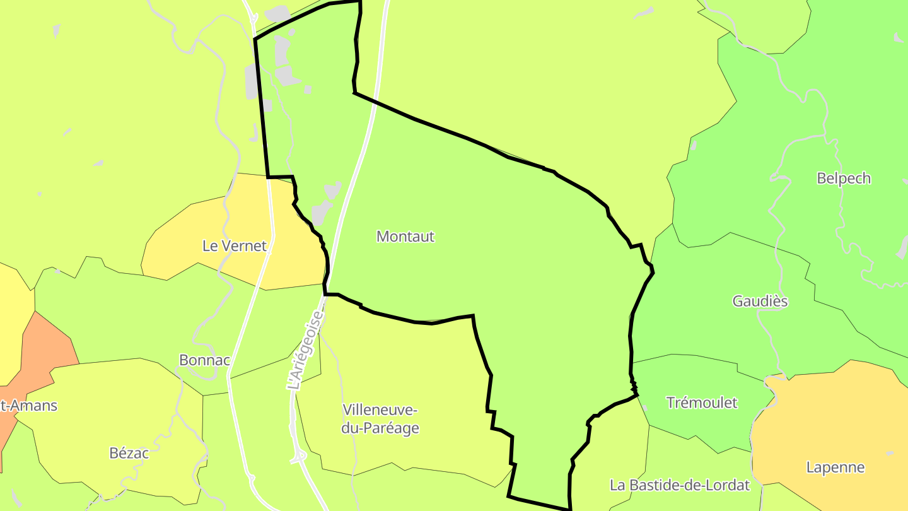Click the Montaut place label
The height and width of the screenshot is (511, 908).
click(405, 237)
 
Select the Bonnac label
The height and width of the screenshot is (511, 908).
click(204, 360)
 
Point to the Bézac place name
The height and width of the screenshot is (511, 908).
click(129, 453)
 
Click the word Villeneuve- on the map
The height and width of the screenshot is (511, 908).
click(380, 410)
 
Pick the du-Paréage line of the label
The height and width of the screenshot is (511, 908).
click(380, 428)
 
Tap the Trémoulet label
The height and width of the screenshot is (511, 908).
click(701, 402)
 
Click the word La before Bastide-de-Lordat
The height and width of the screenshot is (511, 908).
click(617, 485)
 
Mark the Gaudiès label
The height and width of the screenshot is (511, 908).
click(760, 301)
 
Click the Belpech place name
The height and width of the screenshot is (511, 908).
click(843, 179)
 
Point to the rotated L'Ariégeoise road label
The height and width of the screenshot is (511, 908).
click(305, 348)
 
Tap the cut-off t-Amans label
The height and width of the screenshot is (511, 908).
click(29, 406)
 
